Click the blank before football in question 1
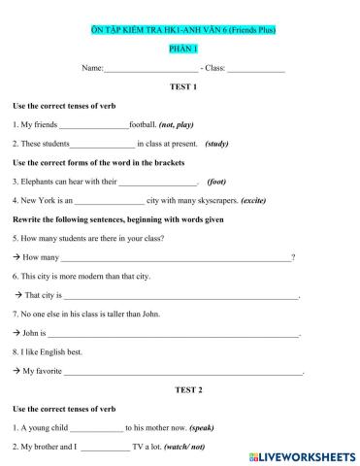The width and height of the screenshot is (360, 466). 94,125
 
